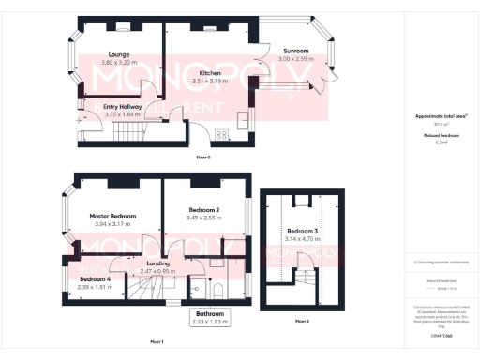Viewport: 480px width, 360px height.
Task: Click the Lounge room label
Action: (x=117, y=54)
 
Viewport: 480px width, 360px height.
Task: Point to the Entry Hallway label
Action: (x=123, y=107)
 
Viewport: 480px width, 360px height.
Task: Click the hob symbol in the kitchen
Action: (x=224, y=134)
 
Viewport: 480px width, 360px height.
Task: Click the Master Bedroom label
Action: (x=113, y=216)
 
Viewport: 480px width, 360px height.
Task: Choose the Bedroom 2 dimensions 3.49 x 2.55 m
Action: (x=204, y=217)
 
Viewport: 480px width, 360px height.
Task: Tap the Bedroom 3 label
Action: (x=302, y=231)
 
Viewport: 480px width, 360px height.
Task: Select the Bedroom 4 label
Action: (x=95, y=279)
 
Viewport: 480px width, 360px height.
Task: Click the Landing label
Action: (x=158, y=263)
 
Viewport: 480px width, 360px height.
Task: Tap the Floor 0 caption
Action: (x=202, y=156)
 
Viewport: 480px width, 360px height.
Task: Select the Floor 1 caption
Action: (x=157, y=341)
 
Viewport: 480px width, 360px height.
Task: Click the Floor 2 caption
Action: (x=302, y=321)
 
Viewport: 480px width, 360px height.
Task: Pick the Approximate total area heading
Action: (x=441, y=115)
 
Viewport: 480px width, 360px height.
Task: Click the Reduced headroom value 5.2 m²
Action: (x=441, y=142)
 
